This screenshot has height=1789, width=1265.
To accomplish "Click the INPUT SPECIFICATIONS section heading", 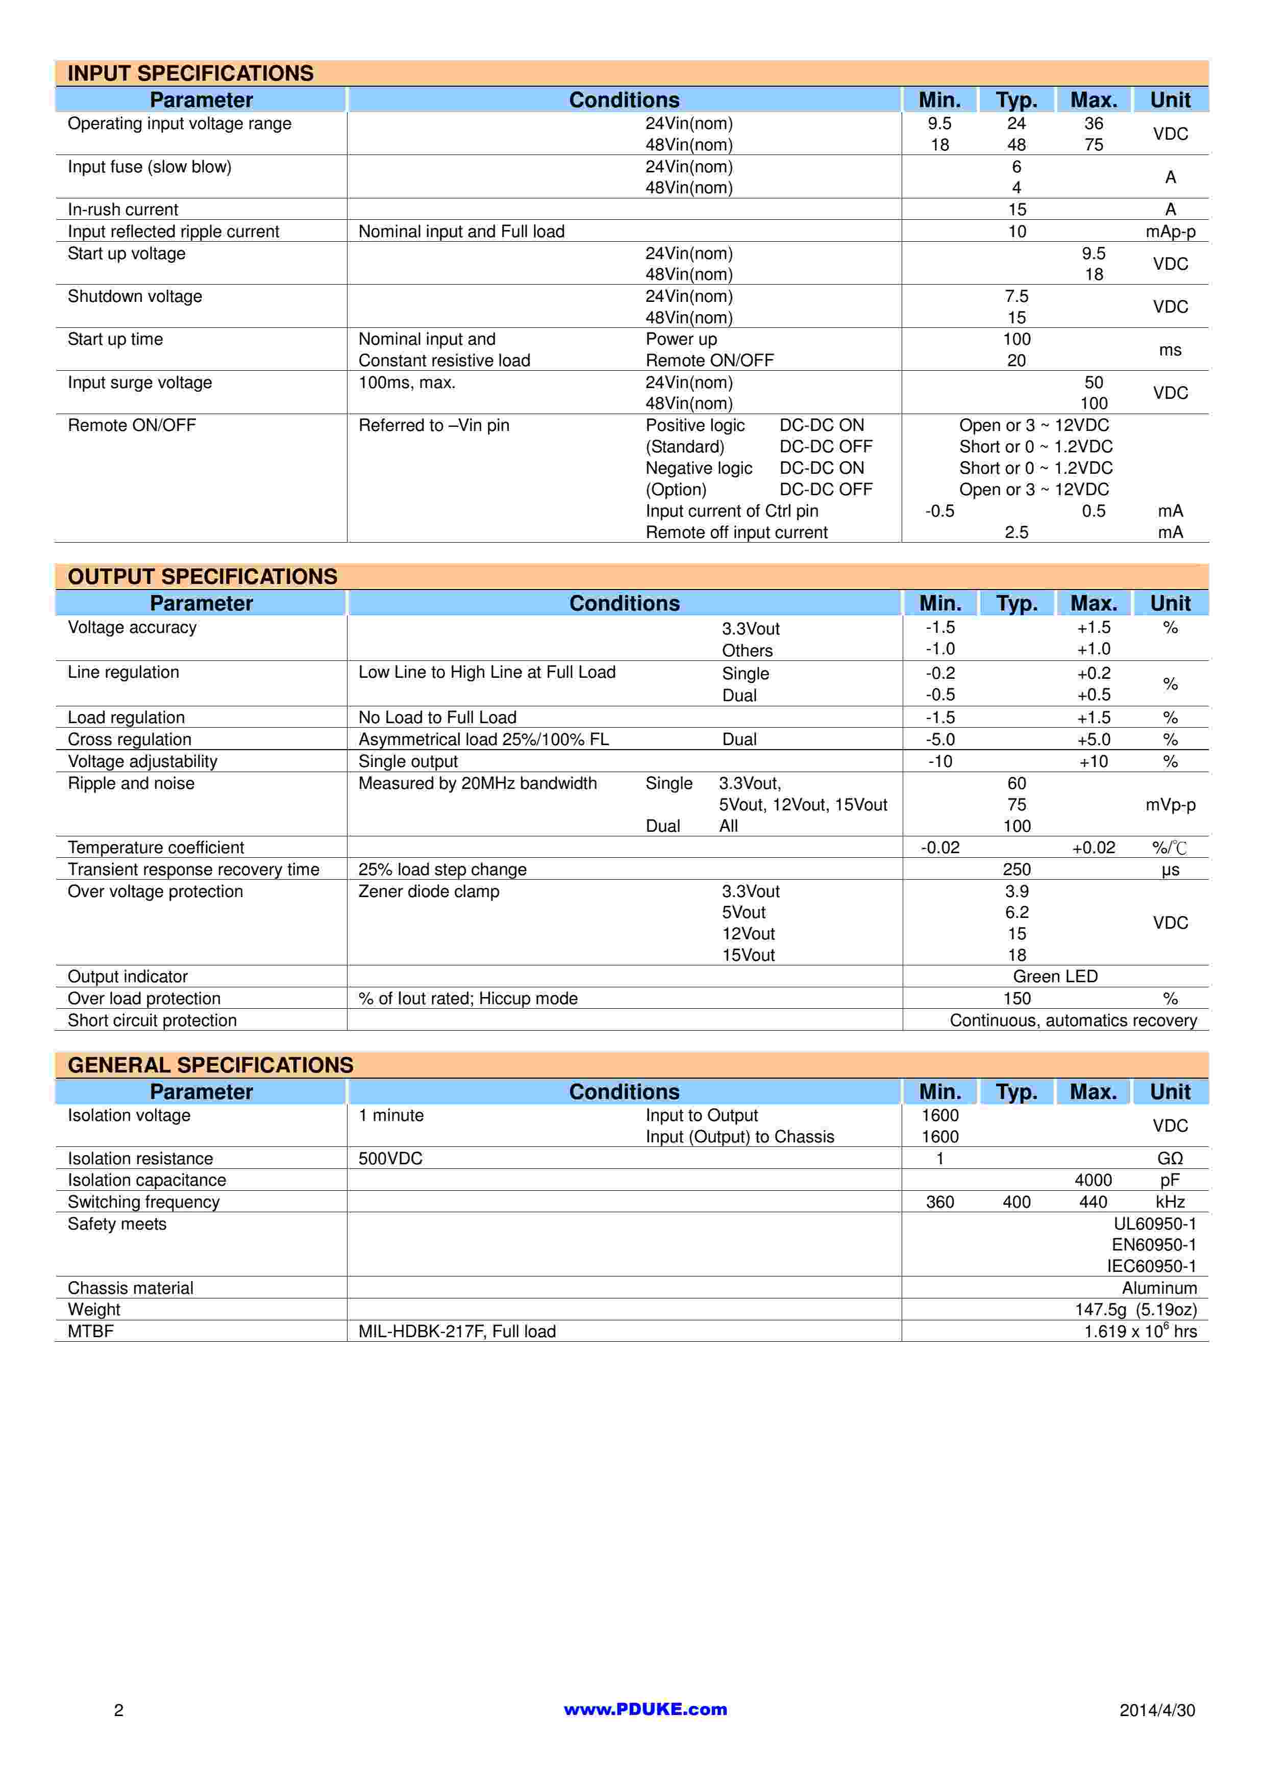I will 190,73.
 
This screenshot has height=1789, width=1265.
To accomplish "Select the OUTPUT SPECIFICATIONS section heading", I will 203,577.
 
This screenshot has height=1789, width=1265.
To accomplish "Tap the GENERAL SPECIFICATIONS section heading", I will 210,1065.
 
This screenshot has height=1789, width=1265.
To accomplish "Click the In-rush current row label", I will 123,210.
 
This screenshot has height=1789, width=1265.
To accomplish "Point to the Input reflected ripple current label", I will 173,232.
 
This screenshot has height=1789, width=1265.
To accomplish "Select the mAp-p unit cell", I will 1170,232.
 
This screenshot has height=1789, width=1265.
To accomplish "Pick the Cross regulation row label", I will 130,739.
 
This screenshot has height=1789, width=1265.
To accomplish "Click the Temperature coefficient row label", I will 156,848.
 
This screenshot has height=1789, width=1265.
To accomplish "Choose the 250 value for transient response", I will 1016,870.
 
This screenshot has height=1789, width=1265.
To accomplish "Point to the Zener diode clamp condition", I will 429,891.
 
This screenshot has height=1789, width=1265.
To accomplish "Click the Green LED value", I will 1055,976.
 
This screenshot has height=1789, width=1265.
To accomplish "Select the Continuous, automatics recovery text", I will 1073,1021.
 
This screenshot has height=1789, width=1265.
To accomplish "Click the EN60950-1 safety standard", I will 1154,1245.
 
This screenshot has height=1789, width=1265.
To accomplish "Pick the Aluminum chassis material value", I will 1159,1288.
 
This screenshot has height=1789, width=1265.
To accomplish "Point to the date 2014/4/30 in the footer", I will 1157,1710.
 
